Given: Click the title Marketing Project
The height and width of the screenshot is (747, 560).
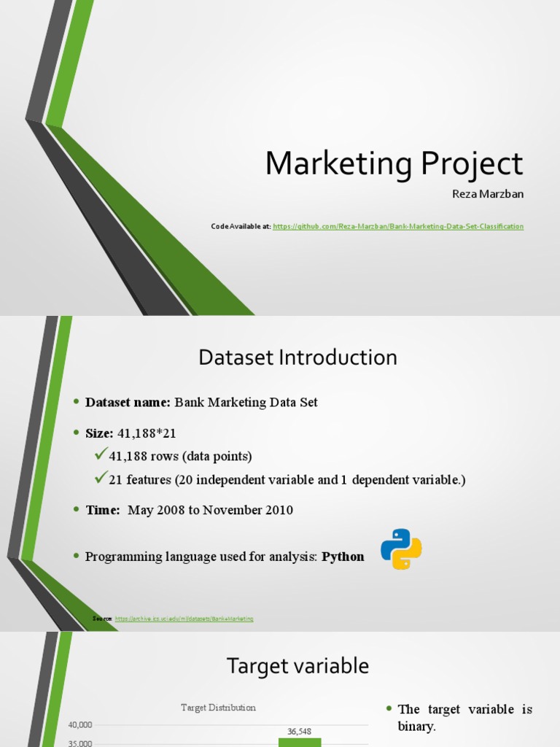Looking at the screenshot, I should (394, 163).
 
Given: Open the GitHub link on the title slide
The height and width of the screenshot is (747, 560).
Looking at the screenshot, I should (398, 227).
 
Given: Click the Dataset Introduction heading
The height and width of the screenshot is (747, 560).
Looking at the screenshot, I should (297, 357).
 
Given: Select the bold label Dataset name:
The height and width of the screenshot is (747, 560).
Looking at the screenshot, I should (128, 403).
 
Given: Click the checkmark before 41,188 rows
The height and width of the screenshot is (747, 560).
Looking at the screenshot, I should (101, 455).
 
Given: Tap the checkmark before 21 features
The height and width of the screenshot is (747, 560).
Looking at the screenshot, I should (101, 479).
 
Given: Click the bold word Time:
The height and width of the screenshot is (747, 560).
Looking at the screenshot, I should (103, 511).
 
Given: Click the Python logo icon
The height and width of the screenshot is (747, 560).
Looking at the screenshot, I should (401, 549).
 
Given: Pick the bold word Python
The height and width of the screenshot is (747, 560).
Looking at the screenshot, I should (343, 557).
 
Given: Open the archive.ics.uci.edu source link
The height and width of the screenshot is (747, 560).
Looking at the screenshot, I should (184, 619).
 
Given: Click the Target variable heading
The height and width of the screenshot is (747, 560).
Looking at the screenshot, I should (297, 666).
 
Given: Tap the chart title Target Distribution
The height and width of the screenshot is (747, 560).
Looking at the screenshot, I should (219, 708).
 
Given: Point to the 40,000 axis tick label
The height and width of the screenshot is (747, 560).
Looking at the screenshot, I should (80, 725).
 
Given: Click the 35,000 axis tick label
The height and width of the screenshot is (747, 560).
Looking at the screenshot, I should (80, 743).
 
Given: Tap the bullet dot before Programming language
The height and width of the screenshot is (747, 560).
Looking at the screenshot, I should (75, 557).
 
